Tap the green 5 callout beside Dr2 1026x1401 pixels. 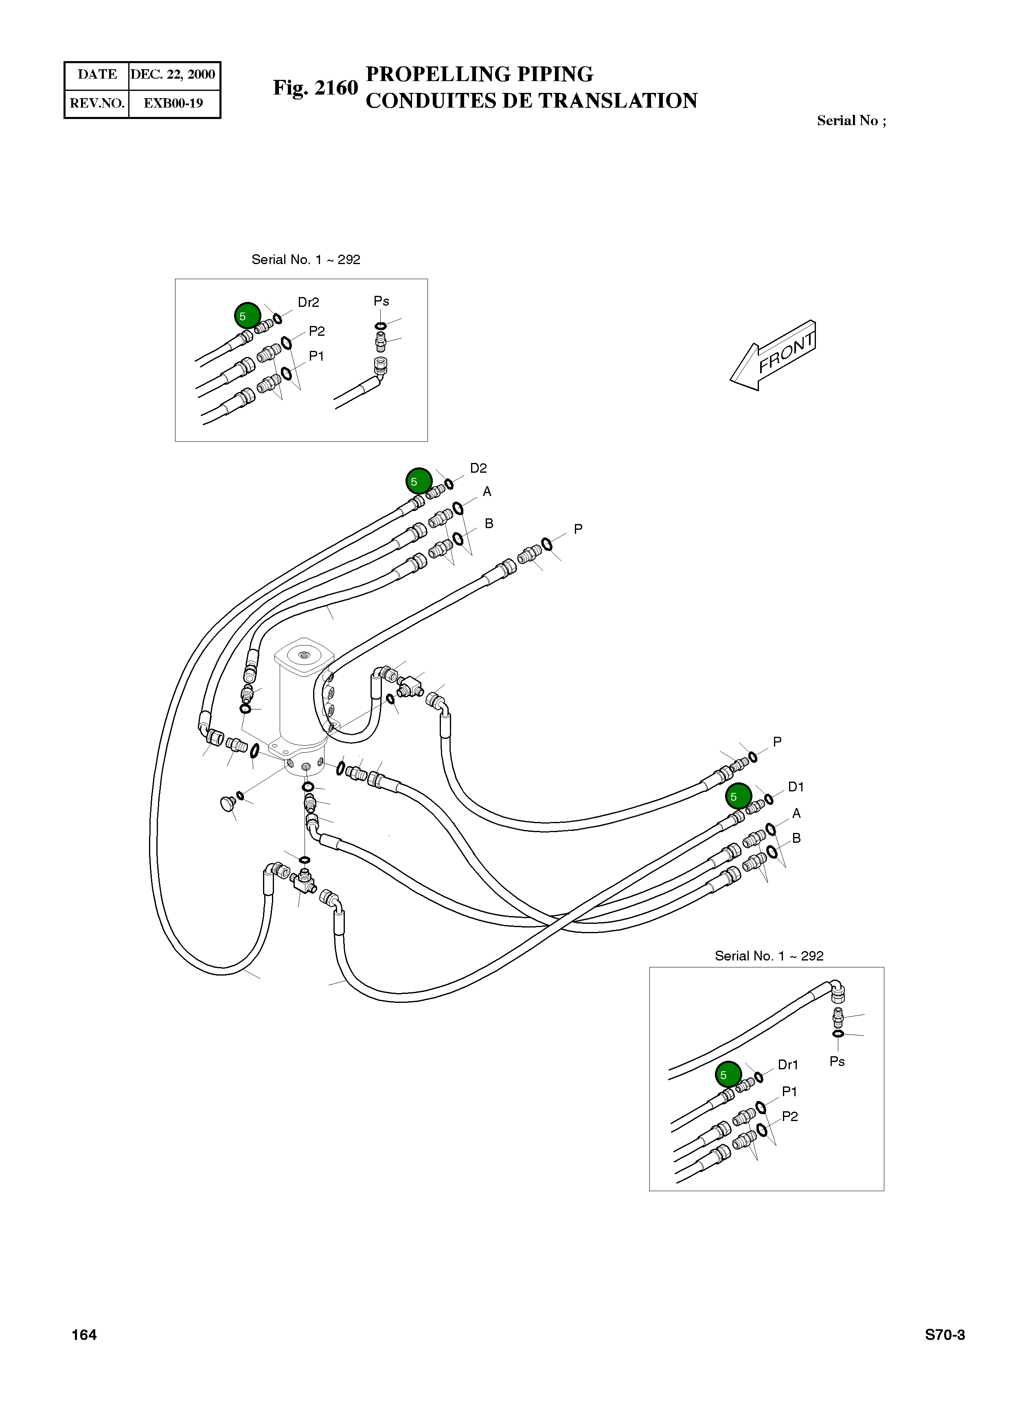point(247,316)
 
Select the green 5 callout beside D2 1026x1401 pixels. point(419,481)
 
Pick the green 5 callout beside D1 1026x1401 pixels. point(739,796)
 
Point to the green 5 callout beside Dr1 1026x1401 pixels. point(728,1074)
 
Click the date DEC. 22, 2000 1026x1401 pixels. point(173,75)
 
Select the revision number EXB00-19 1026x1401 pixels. point(173,103)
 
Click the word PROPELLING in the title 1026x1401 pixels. point(429,74)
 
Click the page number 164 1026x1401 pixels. point(84,1335)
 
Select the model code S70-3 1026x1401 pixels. point(945,1335)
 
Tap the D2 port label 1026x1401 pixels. point(478,468)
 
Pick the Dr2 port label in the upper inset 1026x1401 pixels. point(308,302)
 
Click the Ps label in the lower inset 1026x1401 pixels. point(837,1061)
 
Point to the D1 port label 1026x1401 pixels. point(796,787)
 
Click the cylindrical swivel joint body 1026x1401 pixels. point(303,703)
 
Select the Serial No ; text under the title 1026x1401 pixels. point(851,121)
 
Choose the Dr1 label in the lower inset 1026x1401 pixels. point(787,1065)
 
